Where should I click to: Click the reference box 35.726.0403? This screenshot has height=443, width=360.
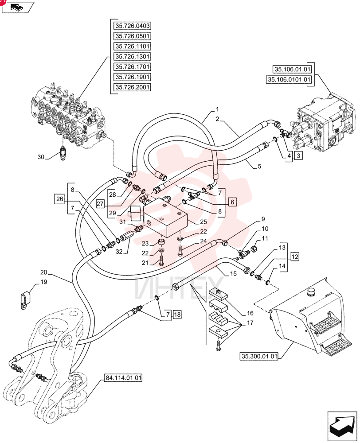click(132, 26)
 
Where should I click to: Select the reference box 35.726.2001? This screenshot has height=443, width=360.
click(132, 87)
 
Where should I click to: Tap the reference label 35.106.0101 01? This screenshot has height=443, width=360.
click(289, 80)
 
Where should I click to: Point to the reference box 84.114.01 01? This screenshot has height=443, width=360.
click(123, 378)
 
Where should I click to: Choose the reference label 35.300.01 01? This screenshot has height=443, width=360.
click(259, 356)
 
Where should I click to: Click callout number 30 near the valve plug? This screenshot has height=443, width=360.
click(41, 157)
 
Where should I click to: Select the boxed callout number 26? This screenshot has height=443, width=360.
click(60, 199)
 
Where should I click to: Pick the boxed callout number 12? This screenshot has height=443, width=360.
click(294, 257)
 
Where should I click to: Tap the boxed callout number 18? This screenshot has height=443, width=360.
click(177, 314)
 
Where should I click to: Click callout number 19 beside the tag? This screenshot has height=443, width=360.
click(44, 282)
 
